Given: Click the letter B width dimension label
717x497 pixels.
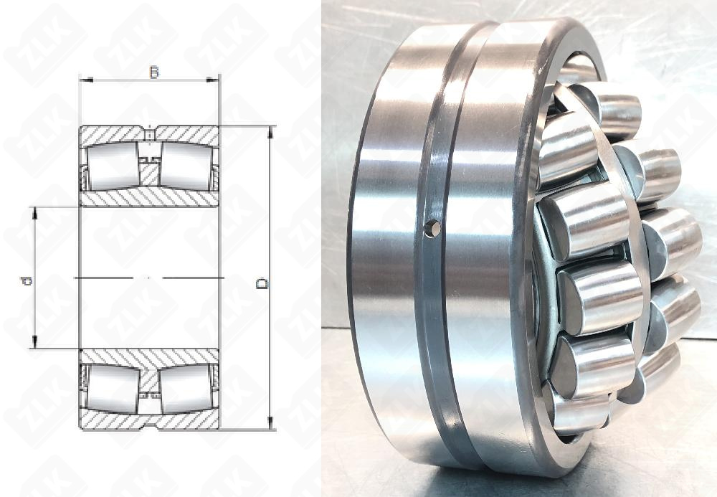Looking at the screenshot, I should point(153,72).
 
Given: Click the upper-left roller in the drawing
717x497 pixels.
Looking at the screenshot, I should point(113,166).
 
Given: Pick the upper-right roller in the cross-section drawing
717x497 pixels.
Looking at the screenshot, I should point(184,166).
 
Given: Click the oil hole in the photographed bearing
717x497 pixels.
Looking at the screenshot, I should point(432,228).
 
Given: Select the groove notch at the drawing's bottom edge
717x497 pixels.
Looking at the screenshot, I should point(149,426).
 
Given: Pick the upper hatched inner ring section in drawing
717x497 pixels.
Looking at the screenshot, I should point(149,198).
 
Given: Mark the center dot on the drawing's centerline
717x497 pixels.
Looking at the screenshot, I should point(148,277).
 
